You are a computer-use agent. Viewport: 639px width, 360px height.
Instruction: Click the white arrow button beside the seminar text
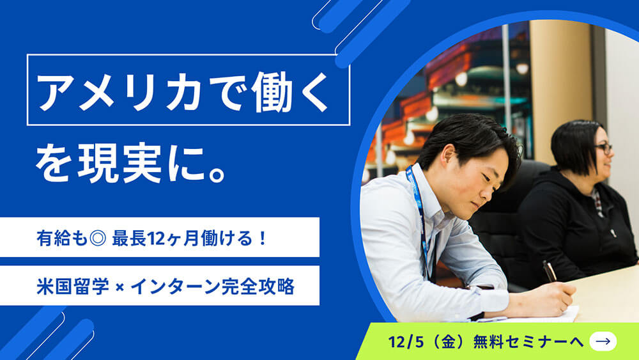pos(603,341)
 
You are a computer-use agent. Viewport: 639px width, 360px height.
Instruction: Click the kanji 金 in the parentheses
pos(448,341)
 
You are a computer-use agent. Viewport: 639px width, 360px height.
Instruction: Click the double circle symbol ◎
pos(98,238)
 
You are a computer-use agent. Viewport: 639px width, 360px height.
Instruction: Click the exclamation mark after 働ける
pos(263,238)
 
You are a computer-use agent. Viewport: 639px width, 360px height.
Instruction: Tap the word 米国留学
pos(73,286)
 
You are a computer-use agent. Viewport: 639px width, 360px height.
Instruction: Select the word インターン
pos(176,286)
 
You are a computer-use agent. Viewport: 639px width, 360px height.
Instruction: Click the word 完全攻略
pos(258,286)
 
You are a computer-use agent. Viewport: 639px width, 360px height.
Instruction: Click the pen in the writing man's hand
pos(550,271)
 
